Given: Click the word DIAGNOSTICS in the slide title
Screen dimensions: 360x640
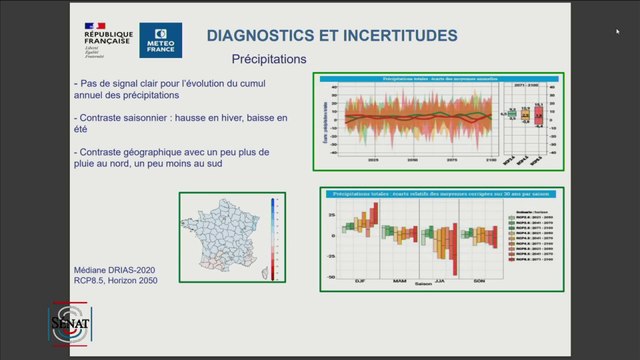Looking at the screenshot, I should [262, 36].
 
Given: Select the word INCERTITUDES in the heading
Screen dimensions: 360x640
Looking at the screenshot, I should [398, 36].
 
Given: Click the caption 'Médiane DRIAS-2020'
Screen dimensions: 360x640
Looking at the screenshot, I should [114, 270].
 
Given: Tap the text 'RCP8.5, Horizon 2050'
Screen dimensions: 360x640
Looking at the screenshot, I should [116, 281].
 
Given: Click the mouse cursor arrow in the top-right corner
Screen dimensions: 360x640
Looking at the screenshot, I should [618, 32].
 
